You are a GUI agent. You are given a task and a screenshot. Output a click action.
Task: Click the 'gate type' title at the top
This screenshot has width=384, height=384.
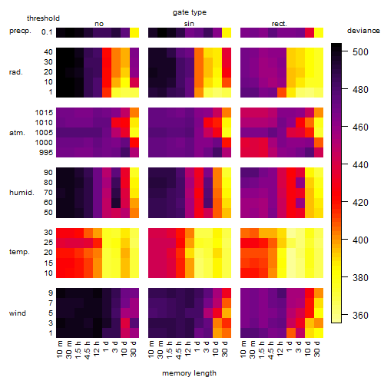pyautogui.click(x=190, y=12)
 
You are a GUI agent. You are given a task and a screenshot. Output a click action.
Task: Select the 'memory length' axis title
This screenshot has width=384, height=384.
pyautogui.click(x=189, y=373)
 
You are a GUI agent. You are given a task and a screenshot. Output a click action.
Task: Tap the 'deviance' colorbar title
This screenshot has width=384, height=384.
pyautogui.click(x=363, y=31)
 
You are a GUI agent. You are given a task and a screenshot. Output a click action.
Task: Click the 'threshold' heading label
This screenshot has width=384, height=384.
pyautogui.click(x=43, y=18)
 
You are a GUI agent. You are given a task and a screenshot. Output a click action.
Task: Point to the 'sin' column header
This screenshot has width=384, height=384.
pyautogui.click(x=189, y=24)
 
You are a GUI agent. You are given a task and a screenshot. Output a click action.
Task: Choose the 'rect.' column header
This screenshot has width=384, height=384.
pyautogui.click(x=280, y=24)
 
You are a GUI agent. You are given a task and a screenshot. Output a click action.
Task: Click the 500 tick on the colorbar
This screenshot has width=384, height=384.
pyautogui.click(x=345, y=51)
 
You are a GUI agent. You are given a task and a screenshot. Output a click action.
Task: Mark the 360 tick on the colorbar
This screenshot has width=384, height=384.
pyautogui.click(x=345, y=315)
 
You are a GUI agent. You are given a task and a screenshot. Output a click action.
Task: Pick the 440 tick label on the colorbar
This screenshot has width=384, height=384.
pyautogui.click(x=360, y=164)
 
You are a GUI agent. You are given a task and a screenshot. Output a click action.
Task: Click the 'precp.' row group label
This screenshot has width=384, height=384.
pyautogui.click(x=20, y=31)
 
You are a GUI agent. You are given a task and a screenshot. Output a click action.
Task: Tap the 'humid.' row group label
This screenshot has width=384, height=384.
pyautogui.click(x=22, y=192)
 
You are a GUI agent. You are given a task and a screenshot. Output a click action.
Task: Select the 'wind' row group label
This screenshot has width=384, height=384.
pyautogui.click(x=18, y=313)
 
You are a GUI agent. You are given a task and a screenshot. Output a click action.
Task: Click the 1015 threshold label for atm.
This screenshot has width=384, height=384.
pyautogui.click(x=44, y=112)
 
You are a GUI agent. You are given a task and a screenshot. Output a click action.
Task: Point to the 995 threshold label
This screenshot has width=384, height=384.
pyautogui.click(x=46, y=152)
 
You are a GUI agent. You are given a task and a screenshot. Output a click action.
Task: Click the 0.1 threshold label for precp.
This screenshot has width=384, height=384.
pyautogui.click(x=47, y=32)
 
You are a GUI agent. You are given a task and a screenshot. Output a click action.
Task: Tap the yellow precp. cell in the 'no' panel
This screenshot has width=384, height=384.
pyautogui.click(x=134, y=32)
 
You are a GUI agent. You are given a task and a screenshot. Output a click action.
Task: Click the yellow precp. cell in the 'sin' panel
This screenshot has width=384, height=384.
pyautogui.click(x=227, y=32)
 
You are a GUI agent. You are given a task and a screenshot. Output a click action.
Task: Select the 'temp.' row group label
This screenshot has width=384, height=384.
pyautogui.click(x=19, y=252)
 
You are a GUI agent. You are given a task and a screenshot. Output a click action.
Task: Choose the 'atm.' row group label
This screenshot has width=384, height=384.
pyautogui.click(x=17, y=133)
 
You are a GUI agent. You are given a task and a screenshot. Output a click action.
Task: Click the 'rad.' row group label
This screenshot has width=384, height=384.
pyautogui.click(x=16, y=72)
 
